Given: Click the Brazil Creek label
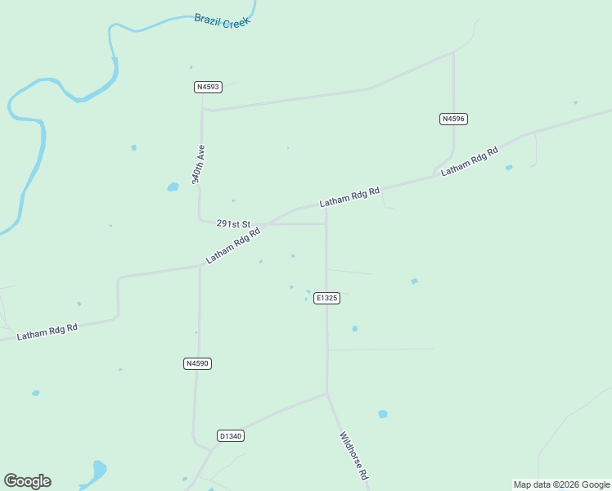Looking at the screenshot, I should [x=222, y=20].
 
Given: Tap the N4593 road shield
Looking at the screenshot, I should [x=207, y=86].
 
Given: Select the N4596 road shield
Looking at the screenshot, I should [x=453, y=119].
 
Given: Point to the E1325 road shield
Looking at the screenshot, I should [x=326, y=298].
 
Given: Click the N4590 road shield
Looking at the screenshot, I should [x=197, y=363].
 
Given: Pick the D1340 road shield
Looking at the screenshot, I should [x=231, y=436].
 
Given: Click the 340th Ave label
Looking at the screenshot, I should [x=199, y=164].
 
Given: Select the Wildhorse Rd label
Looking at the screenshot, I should [x=353, y=456].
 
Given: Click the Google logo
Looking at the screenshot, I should [x=27, y=481].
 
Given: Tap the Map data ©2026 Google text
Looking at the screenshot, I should [x=561, y=484].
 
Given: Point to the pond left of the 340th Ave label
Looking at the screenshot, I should [x=173, y=187].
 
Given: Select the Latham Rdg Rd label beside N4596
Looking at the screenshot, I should [x=470, y=162].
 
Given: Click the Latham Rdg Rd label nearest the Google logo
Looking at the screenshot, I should [x=47, y=331].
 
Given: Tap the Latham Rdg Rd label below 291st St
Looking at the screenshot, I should [x=233, y=245].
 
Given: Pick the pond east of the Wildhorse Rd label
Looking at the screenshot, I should [x=383, y=414].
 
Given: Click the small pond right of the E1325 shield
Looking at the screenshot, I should [x=354, y=328].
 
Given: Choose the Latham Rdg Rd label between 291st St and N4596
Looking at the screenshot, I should [x=350, y=196].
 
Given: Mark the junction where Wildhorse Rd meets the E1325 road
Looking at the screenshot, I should [x=326, y=394].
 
